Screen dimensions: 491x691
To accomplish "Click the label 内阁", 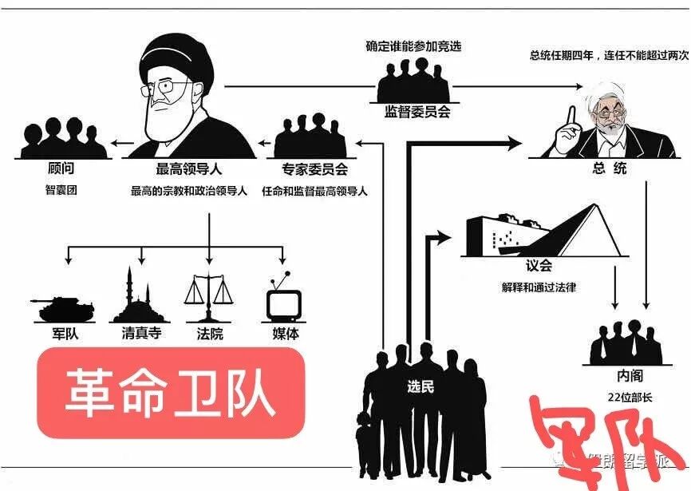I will (629, 375).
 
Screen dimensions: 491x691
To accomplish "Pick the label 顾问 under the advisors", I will (61, 170).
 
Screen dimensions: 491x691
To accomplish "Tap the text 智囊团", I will (61, 191).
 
